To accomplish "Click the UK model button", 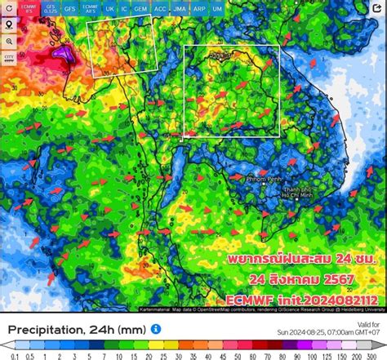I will tap(109, 8).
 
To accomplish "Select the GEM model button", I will tap(141, 8).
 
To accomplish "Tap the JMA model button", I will tap(180, 8).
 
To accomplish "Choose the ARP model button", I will tap(199, 8).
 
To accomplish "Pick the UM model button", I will tap(217, 8).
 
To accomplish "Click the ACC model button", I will tap(160, 8).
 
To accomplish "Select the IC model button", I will tap(124, 8).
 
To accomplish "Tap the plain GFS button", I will tap(70, 8).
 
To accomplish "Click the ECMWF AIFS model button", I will tap(90, 8).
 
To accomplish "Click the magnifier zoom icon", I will tap(8, 41).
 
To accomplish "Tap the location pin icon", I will tap(8, 24).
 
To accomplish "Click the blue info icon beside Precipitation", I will tap(155, 328).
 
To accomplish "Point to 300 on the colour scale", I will tap(378, 354).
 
